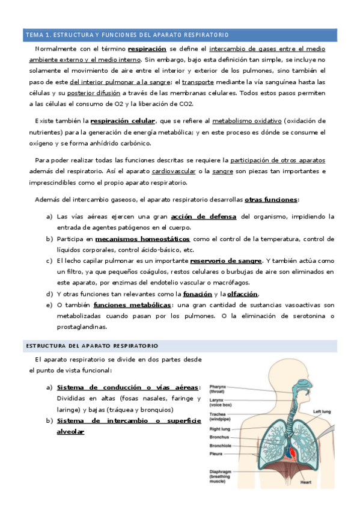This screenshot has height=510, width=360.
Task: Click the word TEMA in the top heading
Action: (x=34, y=35)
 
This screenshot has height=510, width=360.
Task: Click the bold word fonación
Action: (x=198, y=294)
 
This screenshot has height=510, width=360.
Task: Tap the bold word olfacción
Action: (x=242, y=294)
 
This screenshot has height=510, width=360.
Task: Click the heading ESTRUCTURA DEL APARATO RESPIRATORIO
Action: (x=91, y=346)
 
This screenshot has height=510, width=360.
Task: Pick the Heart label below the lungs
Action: (x=306, y=482)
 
